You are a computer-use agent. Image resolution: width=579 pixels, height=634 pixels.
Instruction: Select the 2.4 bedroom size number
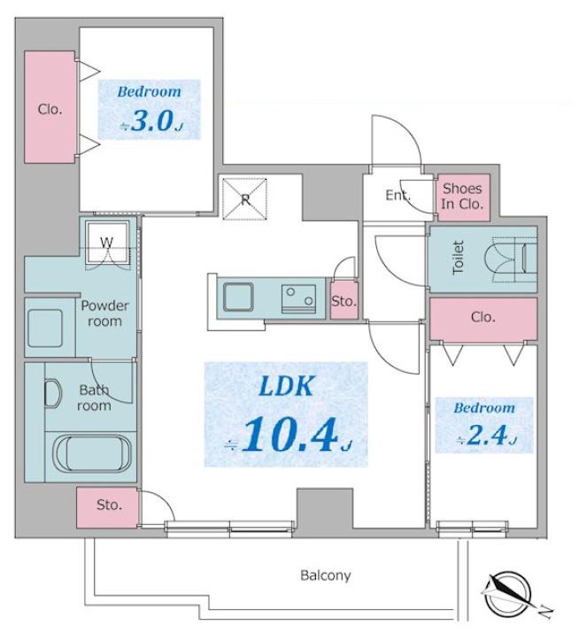487,436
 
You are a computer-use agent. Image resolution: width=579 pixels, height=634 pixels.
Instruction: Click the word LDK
286,386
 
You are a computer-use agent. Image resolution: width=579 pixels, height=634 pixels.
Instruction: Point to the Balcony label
326,576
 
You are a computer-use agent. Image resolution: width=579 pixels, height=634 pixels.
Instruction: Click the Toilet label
458,258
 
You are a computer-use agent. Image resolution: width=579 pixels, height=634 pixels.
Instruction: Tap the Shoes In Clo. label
462,196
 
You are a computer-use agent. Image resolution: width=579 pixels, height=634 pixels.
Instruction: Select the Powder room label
104,313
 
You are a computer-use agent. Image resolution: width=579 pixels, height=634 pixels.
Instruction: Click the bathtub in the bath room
92,453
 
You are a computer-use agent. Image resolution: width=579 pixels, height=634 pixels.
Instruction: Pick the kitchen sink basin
238,297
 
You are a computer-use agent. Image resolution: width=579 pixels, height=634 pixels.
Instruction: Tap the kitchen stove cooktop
299,298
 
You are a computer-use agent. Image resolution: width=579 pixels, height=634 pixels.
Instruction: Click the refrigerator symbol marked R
245,199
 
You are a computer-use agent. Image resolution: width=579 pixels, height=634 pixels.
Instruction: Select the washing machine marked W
107,243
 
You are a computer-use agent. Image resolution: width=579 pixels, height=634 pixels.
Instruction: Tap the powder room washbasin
45,329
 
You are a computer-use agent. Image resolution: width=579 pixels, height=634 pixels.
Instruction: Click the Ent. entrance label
398,196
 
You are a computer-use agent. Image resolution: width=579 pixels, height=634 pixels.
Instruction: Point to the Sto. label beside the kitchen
344,301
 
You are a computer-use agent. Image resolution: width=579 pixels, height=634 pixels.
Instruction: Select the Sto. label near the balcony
109,505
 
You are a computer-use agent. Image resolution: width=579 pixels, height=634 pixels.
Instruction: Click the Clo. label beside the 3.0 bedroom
50,109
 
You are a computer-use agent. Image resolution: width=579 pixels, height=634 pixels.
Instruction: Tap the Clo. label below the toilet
483,317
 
